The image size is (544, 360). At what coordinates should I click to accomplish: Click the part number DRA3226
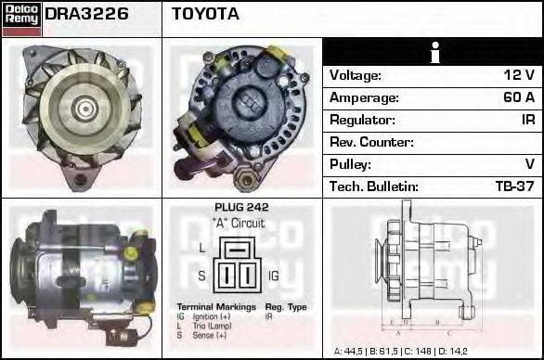[x=86, y=15]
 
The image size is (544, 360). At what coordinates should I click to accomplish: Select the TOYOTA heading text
[x=205, y=15]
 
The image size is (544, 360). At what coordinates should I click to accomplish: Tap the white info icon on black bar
[x=434, y=52]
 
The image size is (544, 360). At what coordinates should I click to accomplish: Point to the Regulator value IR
[x=526, y=121]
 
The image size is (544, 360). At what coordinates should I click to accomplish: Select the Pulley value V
[x=529, y=164]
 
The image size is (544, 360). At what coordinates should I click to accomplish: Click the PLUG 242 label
[x=240, y=209]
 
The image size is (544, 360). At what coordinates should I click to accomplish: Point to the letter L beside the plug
[x=201, y=248]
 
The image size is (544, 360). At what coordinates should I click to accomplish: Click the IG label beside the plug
[x=274, y=276]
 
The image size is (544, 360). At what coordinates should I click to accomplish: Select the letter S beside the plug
[x=201, y=276]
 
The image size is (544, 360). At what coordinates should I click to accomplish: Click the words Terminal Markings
[x=215, y=306]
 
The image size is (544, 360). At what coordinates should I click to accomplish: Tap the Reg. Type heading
[x=285, y=306]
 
